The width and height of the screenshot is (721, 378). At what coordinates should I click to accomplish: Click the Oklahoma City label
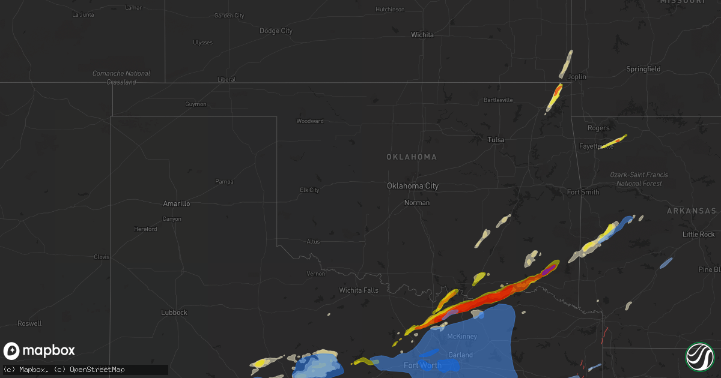[x=412, y=186]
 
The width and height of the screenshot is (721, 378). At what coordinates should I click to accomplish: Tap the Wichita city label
[x=422, y=35]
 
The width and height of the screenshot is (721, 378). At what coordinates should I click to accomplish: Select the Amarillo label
[x=176, y=204]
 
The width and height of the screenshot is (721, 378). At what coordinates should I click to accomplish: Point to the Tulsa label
[x=496, y=140]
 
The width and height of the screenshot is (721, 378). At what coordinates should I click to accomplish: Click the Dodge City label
[x=276, y=31]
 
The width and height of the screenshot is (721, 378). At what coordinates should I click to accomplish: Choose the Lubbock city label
[x=174, y=313]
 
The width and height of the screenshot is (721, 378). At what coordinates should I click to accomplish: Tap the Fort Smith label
[x=583, y=192]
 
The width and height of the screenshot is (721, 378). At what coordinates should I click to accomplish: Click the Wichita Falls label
[x=359, y=290]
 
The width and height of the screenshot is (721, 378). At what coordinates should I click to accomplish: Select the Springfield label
[x=643, y=69]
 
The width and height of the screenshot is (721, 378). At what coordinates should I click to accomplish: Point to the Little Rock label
[x=698, y=234]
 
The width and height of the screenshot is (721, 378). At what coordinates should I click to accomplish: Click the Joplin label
[x=577, y=77]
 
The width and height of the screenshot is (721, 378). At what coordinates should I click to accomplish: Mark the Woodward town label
[x=309, y=121]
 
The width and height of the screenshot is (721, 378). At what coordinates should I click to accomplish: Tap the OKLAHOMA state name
[x=412, y=157]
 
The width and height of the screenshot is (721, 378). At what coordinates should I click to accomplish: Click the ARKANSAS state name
[x=691, y=211]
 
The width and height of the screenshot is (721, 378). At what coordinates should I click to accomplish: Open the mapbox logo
[x=39, y=351]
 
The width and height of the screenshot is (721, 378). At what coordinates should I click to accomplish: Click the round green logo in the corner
[x=699, y=356]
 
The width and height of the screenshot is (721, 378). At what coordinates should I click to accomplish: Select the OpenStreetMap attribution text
[x=98, y=370]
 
